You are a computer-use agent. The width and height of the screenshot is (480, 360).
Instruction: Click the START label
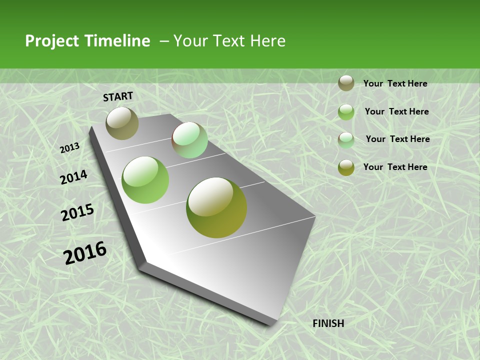point(118,96)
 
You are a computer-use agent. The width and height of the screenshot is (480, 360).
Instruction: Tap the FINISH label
point(328,323)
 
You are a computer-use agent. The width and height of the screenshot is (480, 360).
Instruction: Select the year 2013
point(69,147)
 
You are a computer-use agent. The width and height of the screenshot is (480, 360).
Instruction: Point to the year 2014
point(73,177)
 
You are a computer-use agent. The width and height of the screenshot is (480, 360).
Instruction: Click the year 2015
point(77,212)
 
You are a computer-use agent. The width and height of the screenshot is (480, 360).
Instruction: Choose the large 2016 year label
point(85,253)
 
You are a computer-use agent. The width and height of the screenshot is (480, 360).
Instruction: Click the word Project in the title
point(52,41)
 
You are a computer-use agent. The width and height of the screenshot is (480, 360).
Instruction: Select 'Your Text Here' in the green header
point(229,41)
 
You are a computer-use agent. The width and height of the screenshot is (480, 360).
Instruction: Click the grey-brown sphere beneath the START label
point(122,123)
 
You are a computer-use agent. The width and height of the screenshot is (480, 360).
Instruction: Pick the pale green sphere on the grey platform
point(189,140)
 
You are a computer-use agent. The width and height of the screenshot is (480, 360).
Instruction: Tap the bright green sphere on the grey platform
point(145,180)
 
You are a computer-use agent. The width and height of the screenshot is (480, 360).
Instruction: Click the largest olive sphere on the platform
point(216,207)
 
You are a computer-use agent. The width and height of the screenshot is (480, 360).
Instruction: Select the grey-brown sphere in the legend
point(346,83)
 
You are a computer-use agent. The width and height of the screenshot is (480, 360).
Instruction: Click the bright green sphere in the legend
point(346,111)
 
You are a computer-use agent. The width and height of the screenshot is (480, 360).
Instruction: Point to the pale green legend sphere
point(346,139)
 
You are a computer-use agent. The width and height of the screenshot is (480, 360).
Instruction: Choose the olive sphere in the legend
point(346,167)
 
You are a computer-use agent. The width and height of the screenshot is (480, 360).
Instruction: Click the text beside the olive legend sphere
point(395,167)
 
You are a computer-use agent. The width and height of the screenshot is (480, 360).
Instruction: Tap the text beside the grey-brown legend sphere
point(395,83)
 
